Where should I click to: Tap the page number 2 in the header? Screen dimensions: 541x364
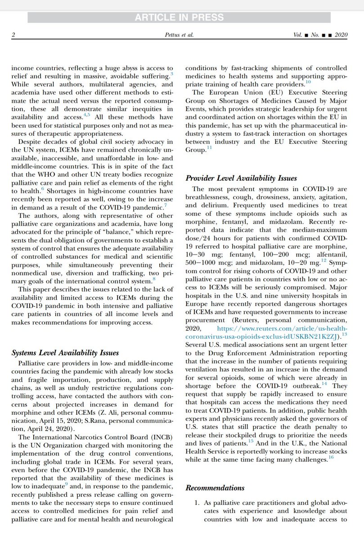point(13,35)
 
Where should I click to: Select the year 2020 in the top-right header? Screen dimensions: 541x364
point(342,35)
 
